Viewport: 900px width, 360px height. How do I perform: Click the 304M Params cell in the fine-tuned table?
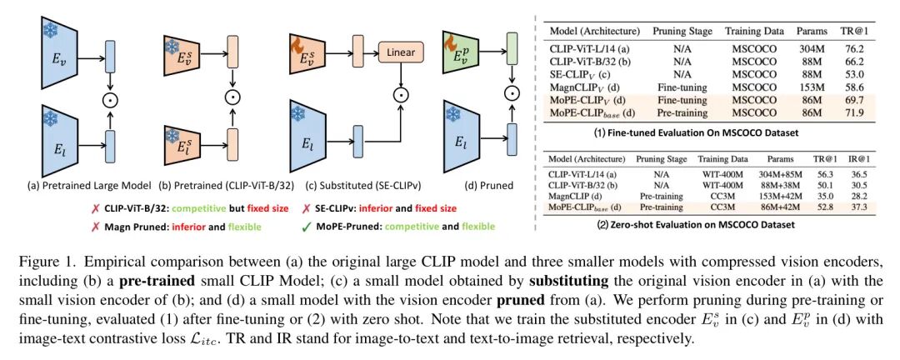[808, 49]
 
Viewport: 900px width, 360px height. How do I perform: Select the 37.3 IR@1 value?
[871, 207]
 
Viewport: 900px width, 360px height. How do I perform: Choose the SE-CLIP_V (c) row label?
[581, 75]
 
